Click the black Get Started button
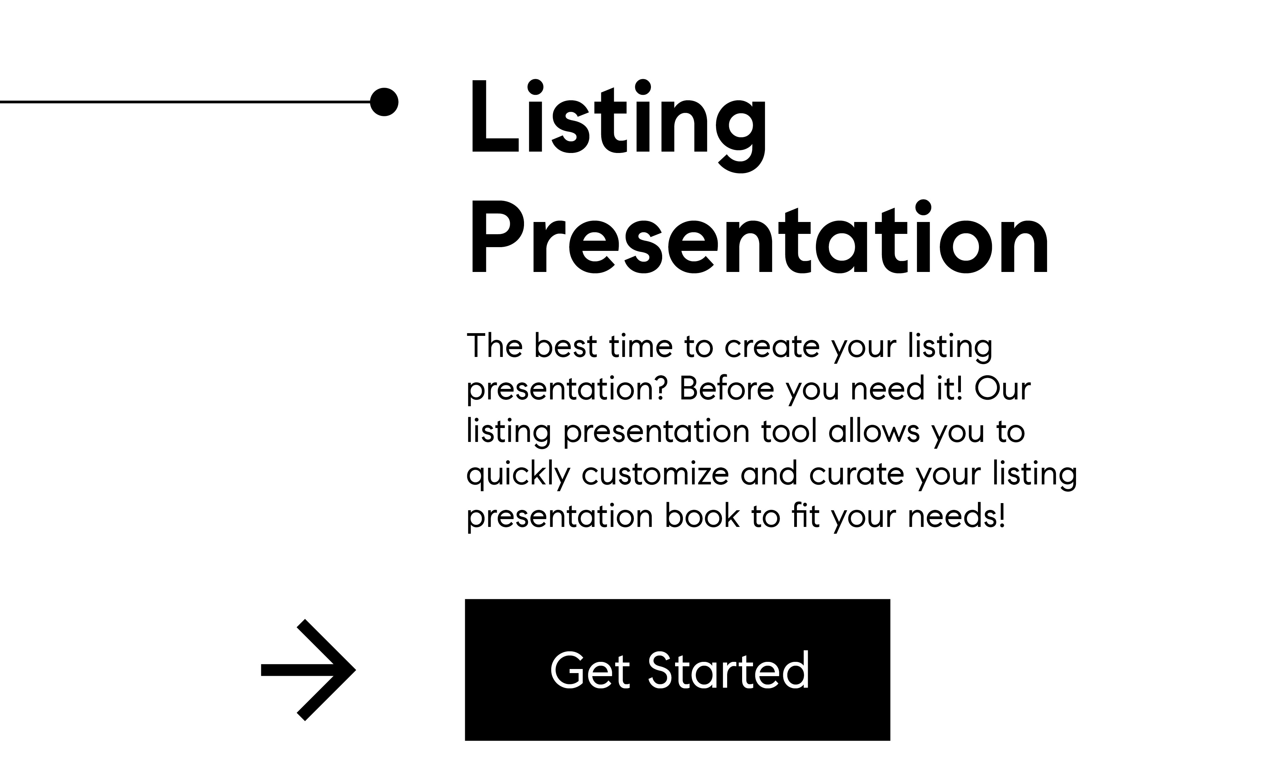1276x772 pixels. pos(677,670)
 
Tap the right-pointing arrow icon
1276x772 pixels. pos(308,670)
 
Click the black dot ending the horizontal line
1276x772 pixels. pos(384,102)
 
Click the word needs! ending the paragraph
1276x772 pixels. pos(956,516)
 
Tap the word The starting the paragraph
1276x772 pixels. pos(494,346)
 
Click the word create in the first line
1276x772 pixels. pos(772,347)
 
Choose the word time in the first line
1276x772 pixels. pos(641,346)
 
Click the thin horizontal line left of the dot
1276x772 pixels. pos(185,102)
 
